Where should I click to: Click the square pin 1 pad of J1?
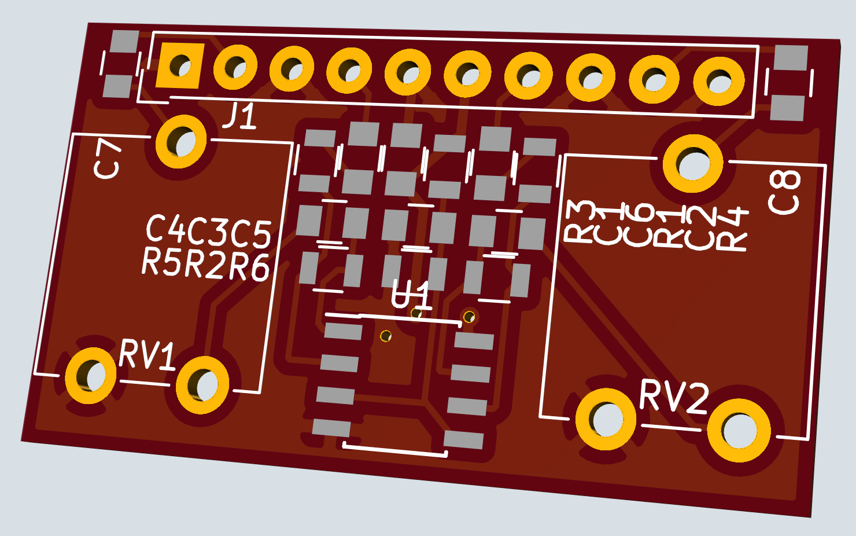pos(180,65)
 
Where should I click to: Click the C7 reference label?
pos(108,159)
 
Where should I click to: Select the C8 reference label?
pos(785,192)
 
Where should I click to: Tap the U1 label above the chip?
pos(411,295)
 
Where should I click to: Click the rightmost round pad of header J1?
pos(719,81)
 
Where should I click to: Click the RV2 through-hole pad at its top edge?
pos(692,164)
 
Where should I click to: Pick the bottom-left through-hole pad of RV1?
pos(90,376)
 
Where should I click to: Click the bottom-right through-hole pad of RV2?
pos(739,430)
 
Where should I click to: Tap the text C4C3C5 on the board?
pos(208,231)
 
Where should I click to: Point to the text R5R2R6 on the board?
pos(205,264)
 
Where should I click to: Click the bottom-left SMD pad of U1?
pos(331,428)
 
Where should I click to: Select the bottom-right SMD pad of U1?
pos(465,439)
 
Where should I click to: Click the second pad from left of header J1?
pos(235,68)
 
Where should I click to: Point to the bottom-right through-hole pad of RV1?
pos(202,385)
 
